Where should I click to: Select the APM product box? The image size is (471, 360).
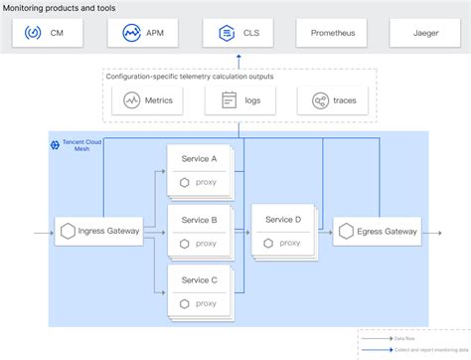143,33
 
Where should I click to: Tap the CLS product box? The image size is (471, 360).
237,33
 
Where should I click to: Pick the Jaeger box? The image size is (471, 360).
425,33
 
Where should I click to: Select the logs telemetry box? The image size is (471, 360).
237,99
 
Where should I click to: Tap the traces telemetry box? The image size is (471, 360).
331,99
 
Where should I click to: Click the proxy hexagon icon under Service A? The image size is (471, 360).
184,182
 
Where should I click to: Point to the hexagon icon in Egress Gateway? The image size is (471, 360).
347,232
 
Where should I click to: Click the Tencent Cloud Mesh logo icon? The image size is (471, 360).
55,145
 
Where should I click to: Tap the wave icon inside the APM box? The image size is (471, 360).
130,33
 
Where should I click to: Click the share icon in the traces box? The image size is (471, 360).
320,100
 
